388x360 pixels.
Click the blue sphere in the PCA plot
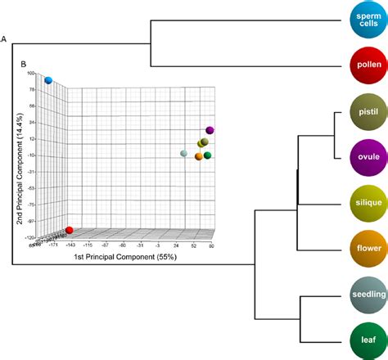48,80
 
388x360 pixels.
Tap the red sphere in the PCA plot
70,231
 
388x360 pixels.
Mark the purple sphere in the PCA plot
210,130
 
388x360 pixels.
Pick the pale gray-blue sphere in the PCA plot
183,154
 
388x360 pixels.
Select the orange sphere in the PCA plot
199,155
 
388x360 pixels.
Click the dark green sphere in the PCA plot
208,155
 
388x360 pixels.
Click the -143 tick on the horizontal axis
70,245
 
